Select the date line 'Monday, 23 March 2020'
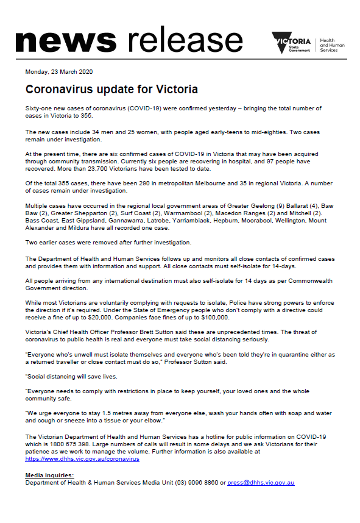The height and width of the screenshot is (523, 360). [58, 72]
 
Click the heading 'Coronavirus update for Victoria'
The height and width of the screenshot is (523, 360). [111, 90]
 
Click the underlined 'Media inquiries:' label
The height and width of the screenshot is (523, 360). [49, 475]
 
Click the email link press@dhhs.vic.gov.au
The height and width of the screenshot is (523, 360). [261, 482]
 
